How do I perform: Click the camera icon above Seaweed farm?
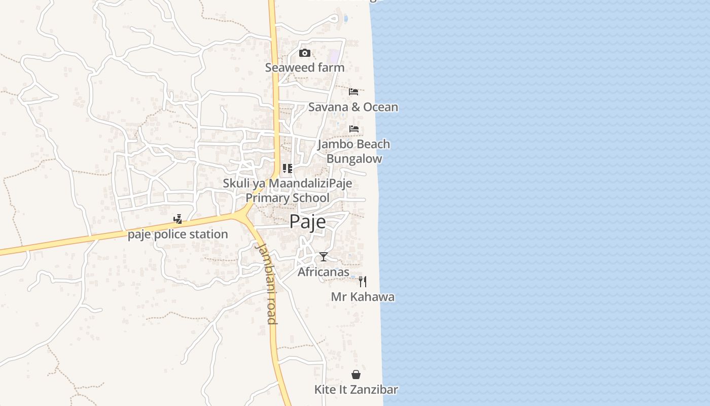(304, 53)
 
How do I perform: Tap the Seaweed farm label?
(304, 67)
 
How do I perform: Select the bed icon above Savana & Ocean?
(353, 92)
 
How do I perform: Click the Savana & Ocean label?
(353, 107)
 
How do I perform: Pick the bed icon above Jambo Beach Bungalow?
(354, 129)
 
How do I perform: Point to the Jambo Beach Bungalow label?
(354, 151)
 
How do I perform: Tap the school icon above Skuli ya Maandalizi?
(288, 168)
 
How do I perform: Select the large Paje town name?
(308, 222)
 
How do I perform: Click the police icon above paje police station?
(177, 220)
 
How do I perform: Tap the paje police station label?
(177, 234)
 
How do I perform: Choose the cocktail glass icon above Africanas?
(324, 257)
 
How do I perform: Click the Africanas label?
(324, 272)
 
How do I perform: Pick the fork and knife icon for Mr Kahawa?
(363, 282)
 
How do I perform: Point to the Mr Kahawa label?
(363, 297)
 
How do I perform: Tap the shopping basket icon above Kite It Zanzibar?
(356, 375)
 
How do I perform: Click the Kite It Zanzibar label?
(356, 390)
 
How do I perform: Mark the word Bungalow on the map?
(354, 159)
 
